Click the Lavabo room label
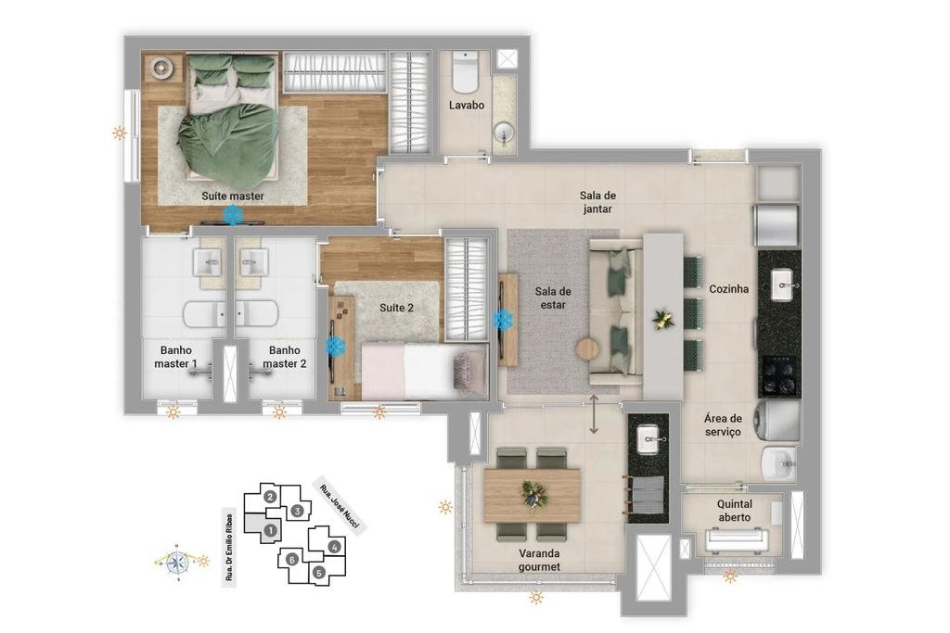(467, 106)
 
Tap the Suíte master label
(233, 196)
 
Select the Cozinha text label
(729, 289)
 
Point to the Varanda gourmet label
(539, 561)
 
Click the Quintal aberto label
(735, 511)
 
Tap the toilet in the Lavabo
(466, 71)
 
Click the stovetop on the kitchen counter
(779, 375)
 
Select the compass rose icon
(177, 563)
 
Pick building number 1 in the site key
(270, 531)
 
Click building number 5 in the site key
(319, 572)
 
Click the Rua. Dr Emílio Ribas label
(229, 548)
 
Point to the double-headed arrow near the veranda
(594, 414)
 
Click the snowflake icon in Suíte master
(233, 215)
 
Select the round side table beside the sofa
(587, 348)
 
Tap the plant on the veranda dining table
(533, 494)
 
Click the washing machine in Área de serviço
(777, 418)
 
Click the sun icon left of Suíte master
(120, 133)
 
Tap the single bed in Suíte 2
(424, 371)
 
